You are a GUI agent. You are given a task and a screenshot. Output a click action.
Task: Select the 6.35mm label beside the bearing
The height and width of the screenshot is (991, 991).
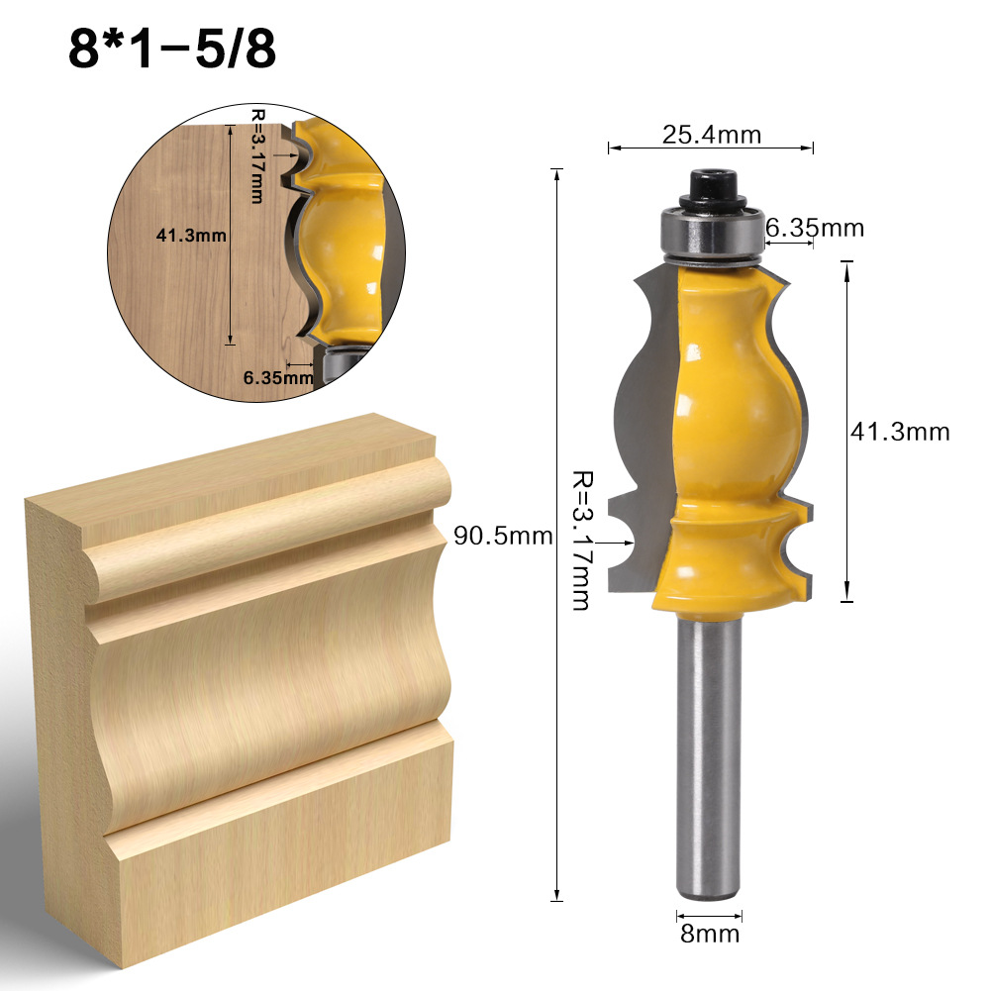[x=815, y=229]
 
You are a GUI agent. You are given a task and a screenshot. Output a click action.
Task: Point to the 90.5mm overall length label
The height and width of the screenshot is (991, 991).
[x=503, y=536]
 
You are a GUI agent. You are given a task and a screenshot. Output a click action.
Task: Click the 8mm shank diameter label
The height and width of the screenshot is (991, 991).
[x=709, y=933]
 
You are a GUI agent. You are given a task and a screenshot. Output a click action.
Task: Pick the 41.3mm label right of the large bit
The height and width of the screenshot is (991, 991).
[x=899, y=432]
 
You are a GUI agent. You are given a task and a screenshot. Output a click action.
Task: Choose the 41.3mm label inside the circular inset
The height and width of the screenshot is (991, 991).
[x=192, y=236]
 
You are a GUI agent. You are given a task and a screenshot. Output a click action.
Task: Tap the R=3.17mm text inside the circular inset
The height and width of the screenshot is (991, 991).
[x=256, y=156]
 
